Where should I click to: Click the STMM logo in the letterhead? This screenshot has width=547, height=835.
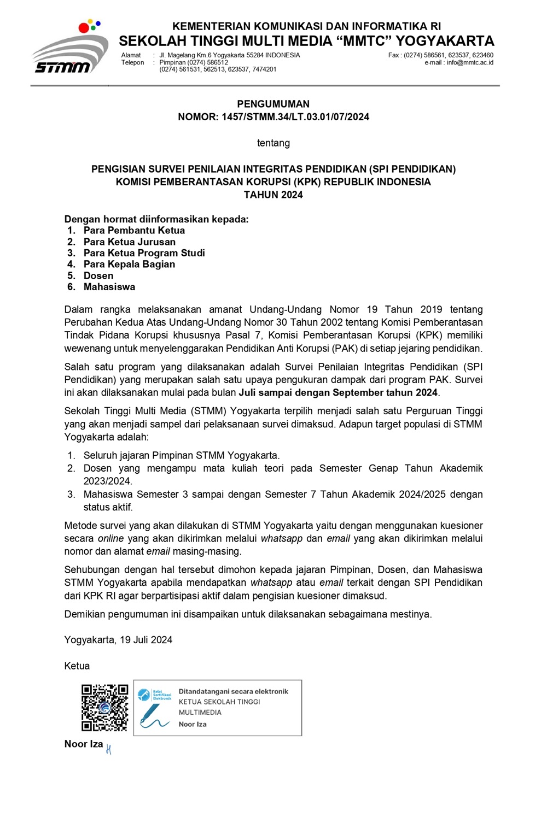pyautogui.click(x=69, y=50)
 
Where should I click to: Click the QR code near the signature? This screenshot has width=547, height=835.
pyautogui.click(x=104, y=708)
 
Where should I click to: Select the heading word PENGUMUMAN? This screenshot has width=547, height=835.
pyautogui.click(x=273, y=104)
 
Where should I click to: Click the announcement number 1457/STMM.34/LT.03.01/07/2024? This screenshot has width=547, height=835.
pyautogui.click(x=295, y=117)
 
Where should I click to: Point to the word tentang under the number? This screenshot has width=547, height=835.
pyautogui.click(x=273, y=143)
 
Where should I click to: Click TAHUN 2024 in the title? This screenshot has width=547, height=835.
pyautogui.click(x=273, y=195)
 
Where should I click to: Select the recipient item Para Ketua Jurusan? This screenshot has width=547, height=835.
pyautogui.click(x=130, y=242)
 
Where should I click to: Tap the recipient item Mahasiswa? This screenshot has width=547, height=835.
pyautogui.click(x=109, y=287)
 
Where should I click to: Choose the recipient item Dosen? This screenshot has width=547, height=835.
pyautogui.click(x=98, y=276)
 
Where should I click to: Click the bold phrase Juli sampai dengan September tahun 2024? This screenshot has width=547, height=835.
pyautogui.click(x=338, y=393)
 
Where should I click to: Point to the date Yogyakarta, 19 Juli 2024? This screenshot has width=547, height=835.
pyautogui.click(x=118, y=640)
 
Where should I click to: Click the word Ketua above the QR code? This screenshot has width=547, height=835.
pyautogui.click(x=77, y=666)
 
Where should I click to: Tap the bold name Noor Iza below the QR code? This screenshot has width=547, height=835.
pyautogui.click(x=84, y=744)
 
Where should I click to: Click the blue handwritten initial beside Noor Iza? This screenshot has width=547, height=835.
pyautogui.click(x=109, y=750)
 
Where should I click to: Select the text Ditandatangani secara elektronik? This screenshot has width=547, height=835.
pyautogui.click(x=233, y=692)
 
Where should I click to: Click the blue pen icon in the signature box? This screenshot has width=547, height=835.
pyautogui.click(x=153, y=716)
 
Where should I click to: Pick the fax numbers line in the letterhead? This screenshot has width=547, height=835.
pyautogui.click(x=440, y=55)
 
